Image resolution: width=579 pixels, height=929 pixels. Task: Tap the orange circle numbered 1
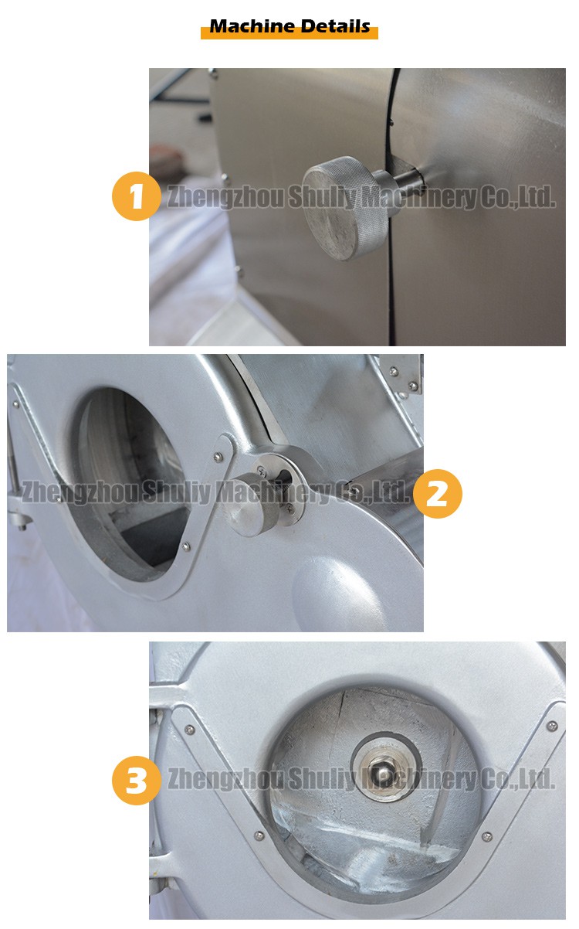(x=137, y=196)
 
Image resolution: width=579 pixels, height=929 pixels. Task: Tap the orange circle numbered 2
(x=437, y=493)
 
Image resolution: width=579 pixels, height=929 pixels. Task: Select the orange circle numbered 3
(x=137, y=780)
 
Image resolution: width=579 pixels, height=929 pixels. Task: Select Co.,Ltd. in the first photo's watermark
(x=516, y=197)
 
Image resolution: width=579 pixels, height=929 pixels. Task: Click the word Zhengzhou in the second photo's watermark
(x=77, y=492)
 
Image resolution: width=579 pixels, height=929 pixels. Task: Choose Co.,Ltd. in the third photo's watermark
(x=516, y=778)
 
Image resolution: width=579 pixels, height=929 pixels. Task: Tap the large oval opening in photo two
(x=127, y=479)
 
